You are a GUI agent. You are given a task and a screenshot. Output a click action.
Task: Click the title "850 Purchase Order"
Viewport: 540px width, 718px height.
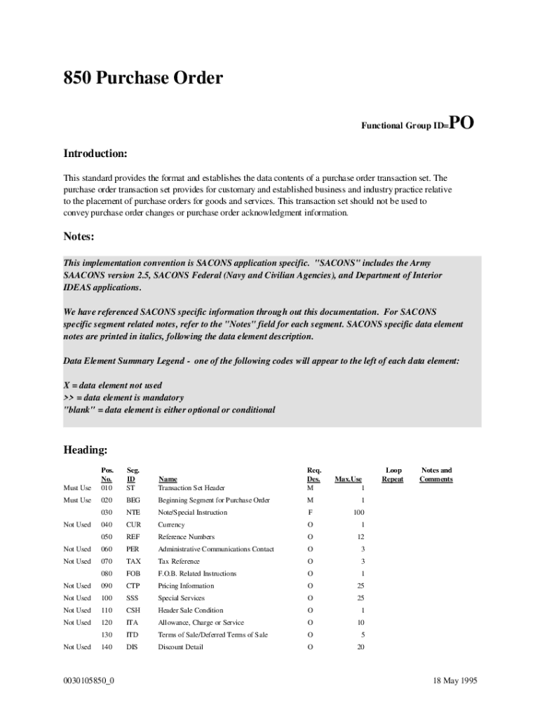(x=143, y=78)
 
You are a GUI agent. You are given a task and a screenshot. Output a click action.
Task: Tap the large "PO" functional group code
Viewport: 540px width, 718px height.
(x=461, y=123)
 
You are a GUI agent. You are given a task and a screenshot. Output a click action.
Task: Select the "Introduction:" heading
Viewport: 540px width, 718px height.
(x=95, y=154)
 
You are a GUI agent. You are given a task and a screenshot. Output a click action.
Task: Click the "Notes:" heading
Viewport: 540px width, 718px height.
(x=79, y=236)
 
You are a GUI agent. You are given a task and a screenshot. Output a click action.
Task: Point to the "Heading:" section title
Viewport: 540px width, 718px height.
(x=86, y=449)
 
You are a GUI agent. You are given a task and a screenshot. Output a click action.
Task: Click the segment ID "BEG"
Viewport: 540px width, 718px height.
(x=133, y=501)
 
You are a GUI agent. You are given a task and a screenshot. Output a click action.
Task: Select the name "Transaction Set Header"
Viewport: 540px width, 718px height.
(x=191, y=488)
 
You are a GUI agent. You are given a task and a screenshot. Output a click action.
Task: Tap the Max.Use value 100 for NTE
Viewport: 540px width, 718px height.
(x=358, y=513)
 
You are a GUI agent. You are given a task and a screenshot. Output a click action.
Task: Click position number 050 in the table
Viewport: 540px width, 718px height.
(x=107, y=537)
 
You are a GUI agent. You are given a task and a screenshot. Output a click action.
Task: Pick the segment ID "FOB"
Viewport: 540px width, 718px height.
(x=133, y=574)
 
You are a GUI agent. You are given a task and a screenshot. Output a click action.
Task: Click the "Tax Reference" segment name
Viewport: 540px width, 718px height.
(x=179, y=562)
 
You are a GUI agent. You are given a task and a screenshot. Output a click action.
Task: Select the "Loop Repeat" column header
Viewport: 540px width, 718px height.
(x=393, y=475)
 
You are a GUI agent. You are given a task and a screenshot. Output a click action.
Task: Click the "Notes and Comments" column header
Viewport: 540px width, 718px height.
(x=436, y=475)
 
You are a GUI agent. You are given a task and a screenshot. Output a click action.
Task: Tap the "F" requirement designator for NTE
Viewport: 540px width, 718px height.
(x=310, y=513)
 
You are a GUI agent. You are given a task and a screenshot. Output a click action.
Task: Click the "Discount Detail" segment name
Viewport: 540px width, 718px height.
(x=180, y=647)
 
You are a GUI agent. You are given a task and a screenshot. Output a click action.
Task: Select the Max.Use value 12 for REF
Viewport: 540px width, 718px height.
(x=360, y=537)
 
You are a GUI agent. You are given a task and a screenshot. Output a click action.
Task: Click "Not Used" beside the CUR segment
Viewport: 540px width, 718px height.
(x=77, y=525)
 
